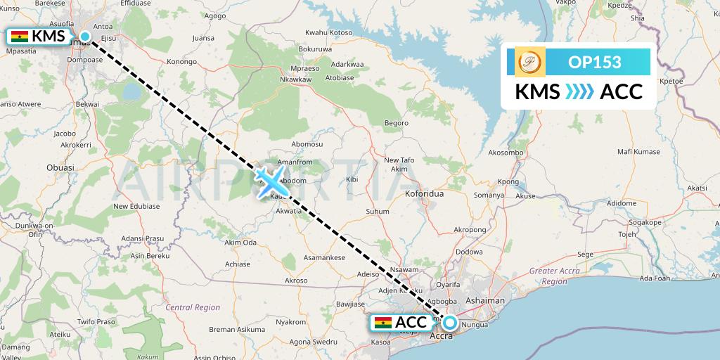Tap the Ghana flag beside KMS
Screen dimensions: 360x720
(20, 37)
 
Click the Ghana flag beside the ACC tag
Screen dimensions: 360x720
(383, 323)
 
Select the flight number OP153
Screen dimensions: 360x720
(594, 62)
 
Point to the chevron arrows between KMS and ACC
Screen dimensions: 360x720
(580, 91)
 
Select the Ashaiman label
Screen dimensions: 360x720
(485, 300)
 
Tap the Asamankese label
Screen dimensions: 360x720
(323, 258)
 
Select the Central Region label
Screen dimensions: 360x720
(193, 307)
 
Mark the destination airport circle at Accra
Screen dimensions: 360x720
(449, 323)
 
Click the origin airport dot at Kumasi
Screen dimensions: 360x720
(84, 37)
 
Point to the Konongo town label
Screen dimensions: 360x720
(181, 61)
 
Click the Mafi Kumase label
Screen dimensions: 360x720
(638, 151)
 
